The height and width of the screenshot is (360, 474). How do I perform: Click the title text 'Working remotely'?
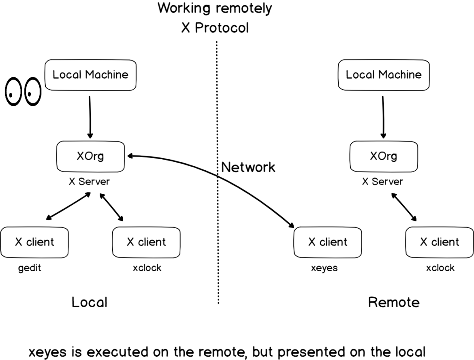[x=215, y=9]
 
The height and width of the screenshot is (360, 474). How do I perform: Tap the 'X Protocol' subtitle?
[x=215, y=28]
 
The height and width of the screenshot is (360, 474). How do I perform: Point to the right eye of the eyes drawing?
[x=32, y=92]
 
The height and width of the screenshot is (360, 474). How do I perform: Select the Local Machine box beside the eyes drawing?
[x=90, y=75]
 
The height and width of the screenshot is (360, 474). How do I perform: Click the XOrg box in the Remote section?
[x=383, y=156]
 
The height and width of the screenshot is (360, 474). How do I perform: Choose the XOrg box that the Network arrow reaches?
[x=90, y=156]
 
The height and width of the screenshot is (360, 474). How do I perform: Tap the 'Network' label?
[x=248, y=167]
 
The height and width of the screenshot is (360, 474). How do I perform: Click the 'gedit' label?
[x=30, y=268]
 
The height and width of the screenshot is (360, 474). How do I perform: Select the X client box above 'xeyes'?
[x=327, y=242]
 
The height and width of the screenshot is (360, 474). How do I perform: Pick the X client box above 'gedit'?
[x=34, y=242]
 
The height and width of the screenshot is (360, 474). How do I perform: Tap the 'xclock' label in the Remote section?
[x=440, y=268]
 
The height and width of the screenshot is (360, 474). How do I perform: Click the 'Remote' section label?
[x=393, y=302]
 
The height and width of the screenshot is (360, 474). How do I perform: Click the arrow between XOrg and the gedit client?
[x=68, y=207]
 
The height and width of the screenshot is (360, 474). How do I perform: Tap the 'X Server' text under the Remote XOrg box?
[x=382, y=182]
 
